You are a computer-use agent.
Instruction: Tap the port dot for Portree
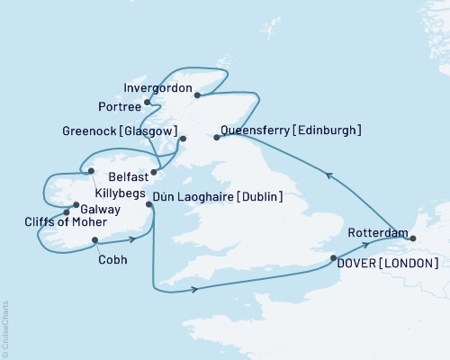pos(148,103)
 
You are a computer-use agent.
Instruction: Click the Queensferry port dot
pos(217,138)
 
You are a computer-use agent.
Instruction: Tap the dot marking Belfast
pos(154,171)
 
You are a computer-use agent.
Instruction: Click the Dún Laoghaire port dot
pos(149,205)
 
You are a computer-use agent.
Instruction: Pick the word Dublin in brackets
pos(260,197)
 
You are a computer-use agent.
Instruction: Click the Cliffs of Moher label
pos(66,222)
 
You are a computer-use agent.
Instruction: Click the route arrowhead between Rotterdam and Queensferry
pos(329,175)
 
